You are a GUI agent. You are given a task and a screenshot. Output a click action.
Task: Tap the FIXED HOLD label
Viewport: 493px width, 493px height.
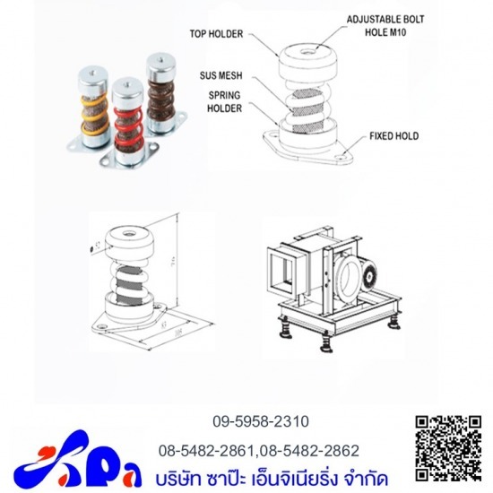[x=394, y=137]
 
